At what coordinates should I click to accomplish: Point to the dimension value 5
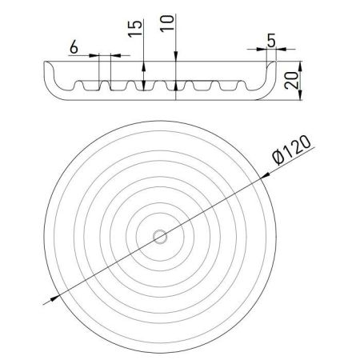[x=272, y=39]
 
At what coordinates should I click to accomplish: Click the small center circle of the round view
[x=160, y=235]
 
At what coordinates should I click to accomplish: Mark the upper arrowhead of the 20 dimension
[x=297, y=64]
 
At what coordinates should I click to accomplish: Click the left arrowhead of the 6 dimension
[x=94, y=56]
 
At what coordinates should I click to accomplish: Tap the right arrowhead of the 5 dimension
[x=273, y=50]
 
